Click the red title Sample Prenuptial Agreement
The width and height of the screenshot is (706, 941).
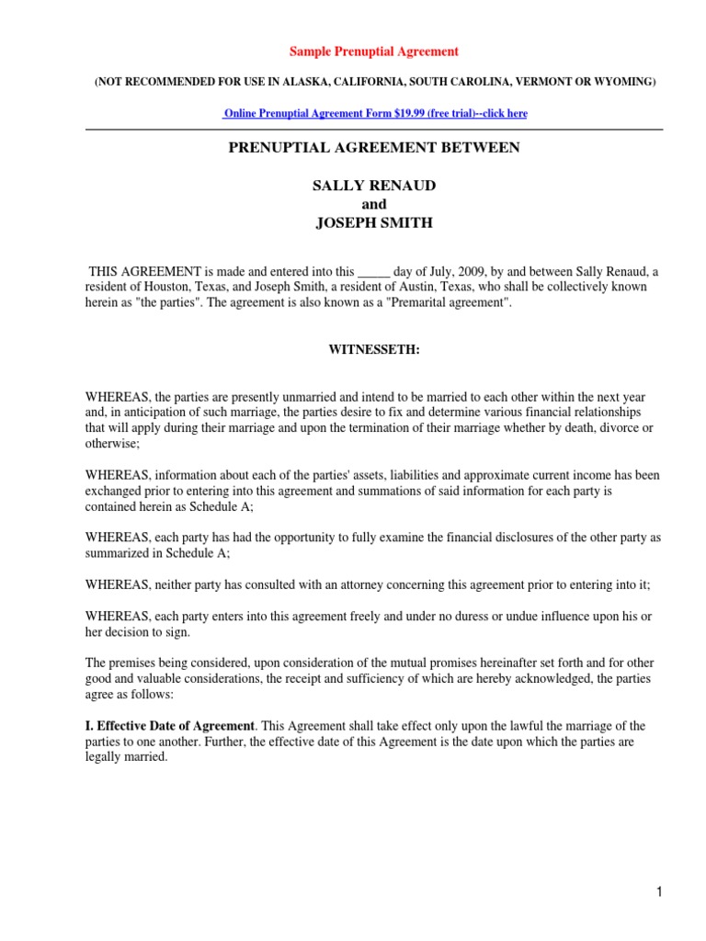[x=374, y=51]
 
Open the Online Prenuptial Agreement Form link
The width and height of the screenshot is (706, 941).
[x=375, y=113]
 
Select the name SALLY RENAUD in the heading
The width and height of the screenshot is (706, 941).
[x=374, y=186]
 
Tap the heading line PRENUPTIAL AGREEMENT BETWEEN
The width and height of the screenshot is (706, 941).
[x=374, y=148]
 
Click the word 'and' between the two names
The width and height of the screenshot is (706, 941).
[x=374, y=204]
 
